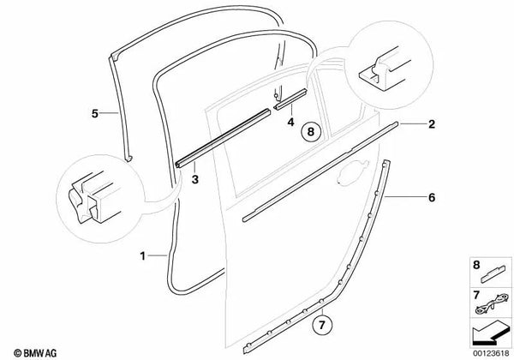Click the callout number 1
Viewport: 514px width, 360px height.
(x=143, y=255)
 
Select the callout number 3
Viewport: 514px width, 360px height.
(x=195, y=180)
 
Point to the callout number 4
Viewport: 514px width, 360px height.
(x=290, y=122)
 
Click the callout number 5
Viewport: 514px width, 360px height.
(x=95, y=111)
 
